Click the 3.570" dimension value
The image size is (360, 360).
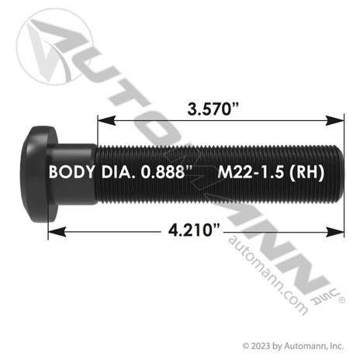[x=213, y=109]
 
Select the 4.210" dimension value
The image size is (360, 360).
[x=194, y=230]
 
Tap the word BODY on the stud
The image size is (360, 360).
[x=72, y=171]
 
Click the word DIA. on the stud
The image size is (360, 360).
[x=118, y=171]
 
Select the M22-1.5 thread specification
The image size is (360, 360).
[x=251, y=171]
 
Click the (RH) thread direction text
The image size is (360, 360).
[x=306, y=172]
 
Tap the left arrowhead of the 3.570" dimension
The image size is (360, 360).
[x=106, y=120]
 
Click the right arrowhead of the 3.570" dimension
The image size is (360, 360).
[x=335, y=120]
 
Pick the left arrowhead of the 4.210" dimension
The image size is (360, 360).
[x=57, y=231]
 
